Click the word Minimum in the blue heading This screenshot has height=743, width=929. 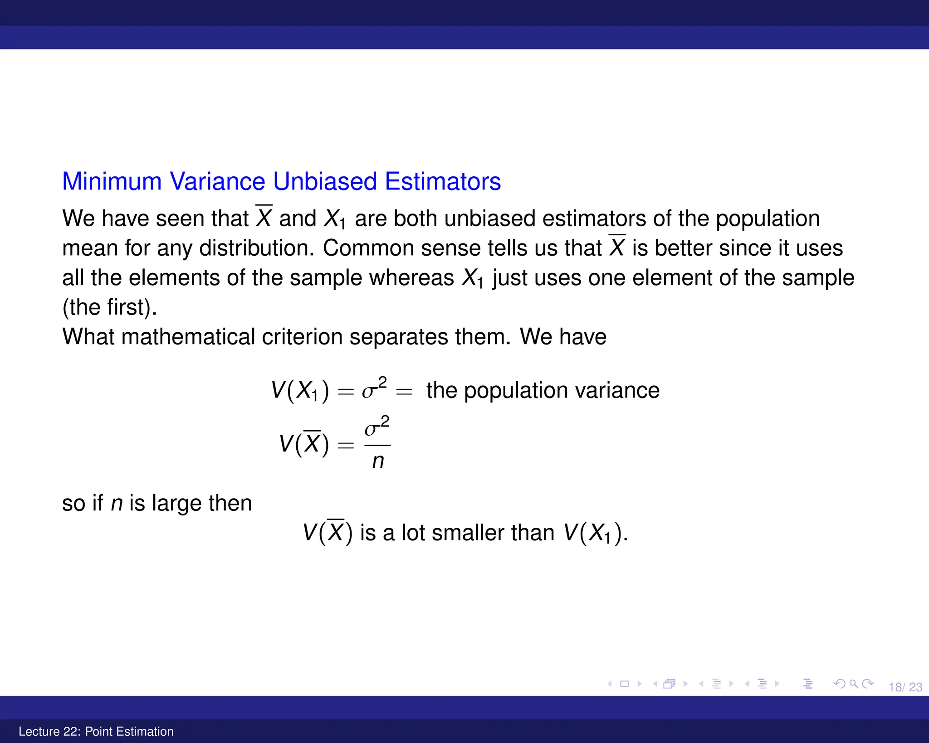pos(112,181)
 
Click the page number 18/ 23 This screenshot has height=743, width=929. pos(905,687)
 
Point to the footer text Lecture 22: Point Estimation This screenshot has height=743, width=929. pos(96,731)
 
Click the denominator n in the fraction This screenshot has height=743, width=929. pos(378,461)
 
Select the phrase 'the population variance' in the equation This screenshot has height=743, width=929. pos(543,390)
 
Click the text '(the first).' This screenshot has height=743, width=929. pos(110,307)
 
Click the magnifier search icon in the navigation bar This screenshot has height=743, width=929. pos(853,684)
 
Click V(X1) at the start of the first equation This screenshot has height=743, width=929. pos(300,390)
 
